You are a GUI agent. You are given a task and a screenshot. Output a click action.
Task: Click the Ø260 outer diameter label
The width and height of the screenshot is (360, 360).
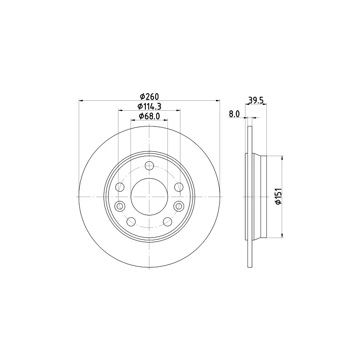[149, 97]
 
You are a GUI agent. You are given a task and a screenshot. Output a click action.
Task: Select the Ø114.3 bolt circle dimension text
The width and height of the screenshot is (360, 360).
[149, 107]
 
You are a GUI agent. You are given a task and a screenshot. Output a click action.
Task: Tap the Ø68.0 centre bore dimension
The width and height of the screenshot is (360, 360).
[149, 116]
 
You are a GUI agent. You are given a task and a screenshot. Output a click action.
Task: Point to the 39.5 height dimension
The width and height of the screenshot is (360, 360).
[256, 100]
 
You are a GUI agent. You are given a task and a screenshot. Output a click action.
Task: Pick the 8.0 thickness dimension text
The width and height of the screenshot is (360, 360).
[234, 114]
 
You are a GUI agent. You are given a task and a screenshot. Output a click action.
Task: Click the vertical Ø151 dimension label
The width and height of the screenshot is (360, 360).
[278, 196]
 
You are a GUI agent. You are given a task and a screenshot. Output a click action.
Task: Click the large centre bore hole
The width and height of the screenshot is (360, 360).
[149, 197]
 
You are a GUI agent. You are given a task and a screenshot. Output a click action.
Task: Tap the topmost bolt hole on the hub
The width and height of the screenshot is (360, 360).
[149, 166]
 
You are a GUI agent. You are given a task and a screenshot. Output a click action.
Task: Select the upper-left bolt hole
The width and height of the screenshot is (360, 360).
[120, 187]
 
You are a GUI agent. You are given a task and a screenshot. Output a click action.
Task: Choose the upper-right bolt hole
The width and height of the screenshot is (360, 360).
[179, 187]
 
